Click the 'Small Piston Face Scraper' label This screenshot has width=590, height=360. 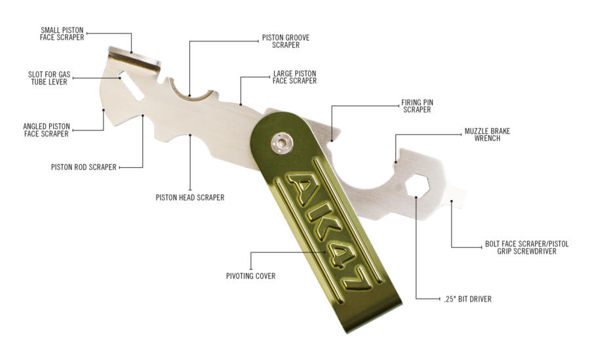[x=62, y=33]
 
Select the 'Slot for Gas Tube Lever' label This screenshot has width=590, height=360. [x=49, y=78]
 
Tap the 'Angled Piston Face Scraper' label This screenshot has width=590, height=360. [x=47, y=130]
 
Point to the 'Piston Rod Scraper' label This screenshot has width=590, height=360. [x=84, y=167]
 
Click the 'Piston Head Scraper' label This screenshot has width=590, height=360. [x=190, y=197]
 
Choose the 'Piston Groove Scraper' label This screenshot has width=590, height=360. [x=286, y=41]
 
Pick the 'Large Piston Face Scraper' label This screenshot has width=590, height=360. [x=294, y=77]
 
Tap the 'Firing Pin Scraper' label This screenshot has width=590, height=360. [x=418, y=106]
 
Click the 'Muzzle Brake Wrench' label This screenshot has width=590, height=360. [x=487, y=135]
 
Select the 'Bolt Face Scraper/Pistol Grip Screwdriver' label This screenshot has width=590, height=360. [x=527, y=247]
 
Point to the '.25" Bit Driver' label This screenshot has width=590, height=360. [x=467, y=299]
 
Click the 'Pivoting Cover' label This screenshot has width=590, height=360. [x=250, y=276]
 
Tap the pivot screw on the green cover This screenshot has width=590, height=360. [x=281, y=144]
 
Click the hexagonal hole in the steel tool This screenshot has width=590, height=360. [x=418, y=186]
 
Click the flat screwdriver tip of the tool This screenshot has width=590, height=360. [x=456, y=197]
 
